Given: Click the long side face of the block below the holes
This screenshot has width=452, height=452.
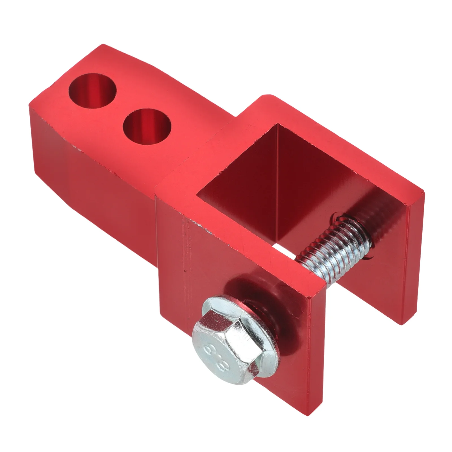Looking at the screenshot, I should tap(93, 181).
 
